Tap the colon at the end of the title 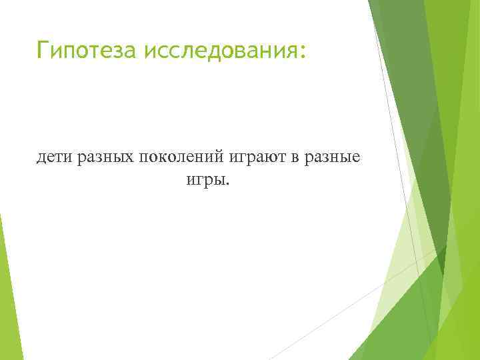coord(304,51)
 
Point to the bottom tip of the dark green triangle coord(443,274)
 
